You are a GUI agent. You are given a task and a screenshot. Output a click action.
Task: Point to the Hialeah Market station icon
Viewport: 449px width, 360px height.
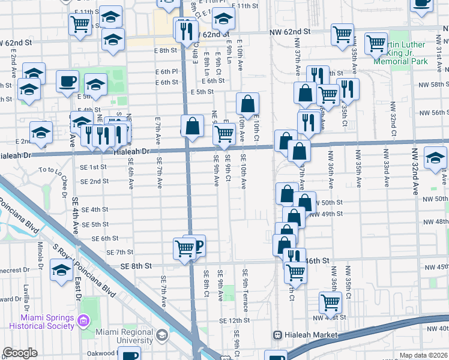(277, 335)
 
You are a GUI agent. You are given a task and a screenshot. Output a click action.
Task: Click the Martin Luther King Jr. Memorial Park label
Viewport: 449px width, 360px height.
(400, 53)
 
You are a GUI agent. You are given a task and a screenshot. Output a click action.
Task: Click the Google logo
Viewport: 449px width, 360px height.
(20, 353)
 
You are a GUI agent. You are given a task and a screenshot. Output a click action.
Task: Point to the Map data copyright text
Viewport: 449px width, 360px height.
(423, 355)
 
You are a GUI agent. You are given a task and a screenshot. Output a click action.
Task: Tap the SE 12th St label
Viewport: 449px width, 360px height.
(239, 321)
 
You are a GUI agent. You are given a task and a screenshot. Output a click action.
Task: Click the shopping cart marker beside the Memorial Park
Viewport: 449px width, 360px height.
(377, 43)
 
